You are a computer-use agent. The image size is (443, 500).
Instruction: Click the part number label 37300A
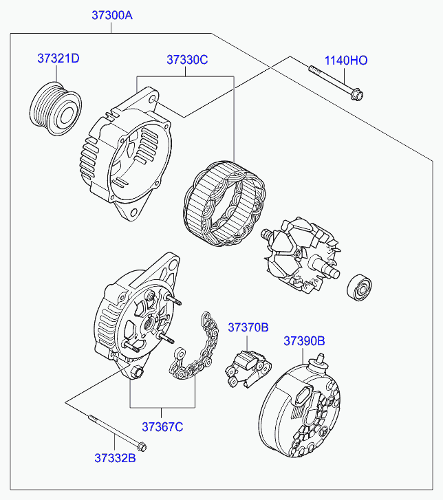112,14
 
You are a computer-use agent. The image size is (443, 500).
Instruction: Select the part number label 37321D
58,58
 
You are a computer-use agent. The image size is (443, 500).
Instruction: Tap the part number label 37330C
186,60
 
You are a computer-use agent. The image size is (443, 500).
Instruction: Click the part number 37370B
248,327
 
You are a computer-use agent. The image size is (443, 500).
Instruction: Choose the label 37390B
304,340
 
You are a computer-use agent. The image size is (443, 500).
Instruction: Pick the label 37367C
163,427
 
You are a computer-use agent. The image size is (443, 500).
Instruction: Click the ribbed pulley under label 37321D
56,107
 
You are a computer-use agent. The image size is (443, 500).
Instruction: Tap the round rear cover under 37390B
301,412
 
